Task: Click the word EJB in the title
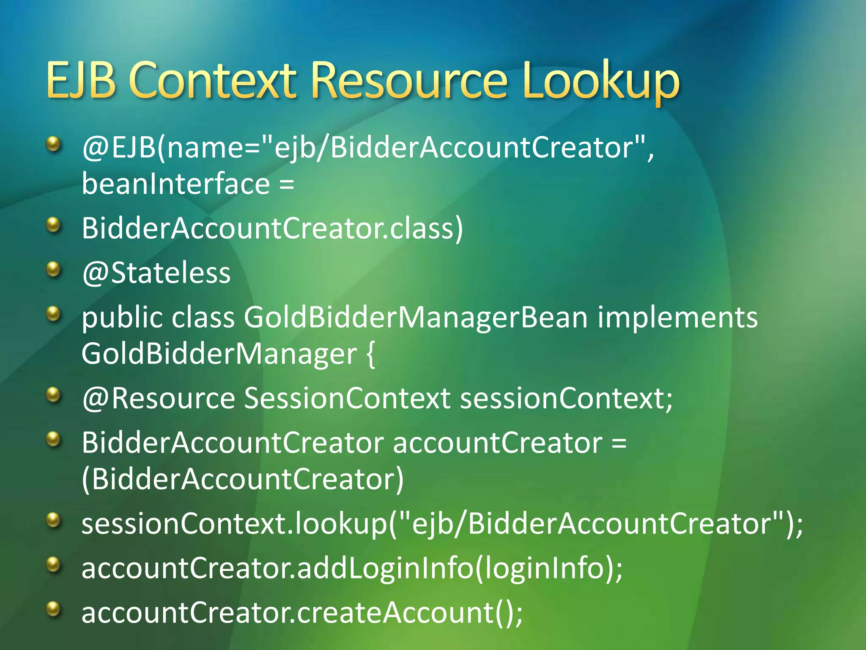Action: click(x=81, y=80)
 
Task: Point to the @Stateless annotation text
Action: click(x=156, y=273)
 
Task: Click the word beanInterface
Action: click(x=175, y=184)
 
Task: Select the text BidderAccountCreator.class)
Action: click(x=272, y=229)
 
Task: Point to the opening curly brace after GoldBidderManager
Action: click(x=370, y=355)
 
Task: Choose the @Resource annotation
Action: click(x=159, y=399)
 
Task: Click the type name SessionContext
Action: click(x=347, y=399)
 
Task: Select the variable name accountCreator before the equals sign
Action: click(x=497, y=443)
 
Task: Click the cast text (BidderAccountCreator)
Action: click(x=243, y=479)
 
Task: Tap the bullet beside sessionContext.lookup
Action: click(x=53, y=520)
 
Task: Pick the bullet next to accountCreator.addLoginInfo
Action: click(x=53, y=564)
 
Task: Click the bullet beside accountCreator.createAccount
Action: click(x=53, y=609)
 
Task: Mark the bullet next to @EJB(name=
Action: click(x=53, y=144)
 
